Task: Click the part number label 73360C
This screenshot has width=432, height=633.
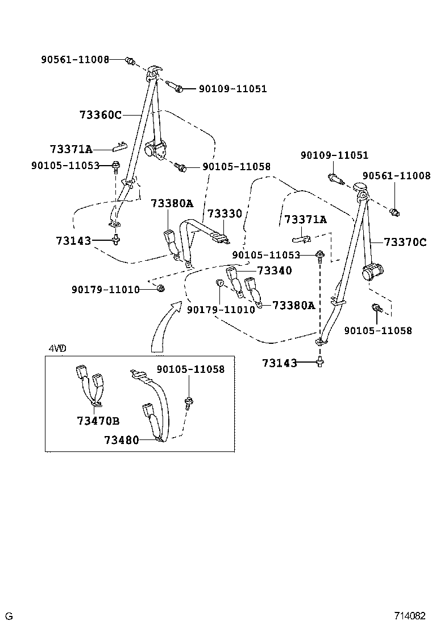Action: (101, 114)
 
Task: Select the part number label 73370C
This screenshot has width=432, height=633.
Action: (405, 242)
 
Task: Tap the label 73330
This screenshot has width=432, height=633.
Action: (224, 213)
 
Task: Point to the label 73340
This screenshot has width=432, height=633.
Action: (274, 270)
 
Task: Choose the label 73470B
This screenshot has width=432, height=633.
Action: (98, 421)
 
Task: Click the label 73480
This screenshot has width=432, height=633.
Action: (121, 439)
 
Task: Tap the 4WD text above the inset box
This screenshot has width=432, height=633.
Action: (55, 348)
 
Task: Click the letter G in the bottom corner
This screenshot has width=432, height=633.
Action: (9, 616)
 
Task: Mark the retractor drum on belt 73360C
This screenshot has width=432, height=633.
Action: (155, 150)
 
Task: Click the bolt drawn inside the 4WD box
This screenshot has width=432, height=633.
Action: (188, 403)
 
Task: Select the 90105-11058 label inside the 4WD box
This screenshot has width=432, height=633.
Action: (190, 369)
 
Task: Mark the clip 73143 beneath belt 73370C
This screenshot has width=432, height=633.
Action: (321, 361)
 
